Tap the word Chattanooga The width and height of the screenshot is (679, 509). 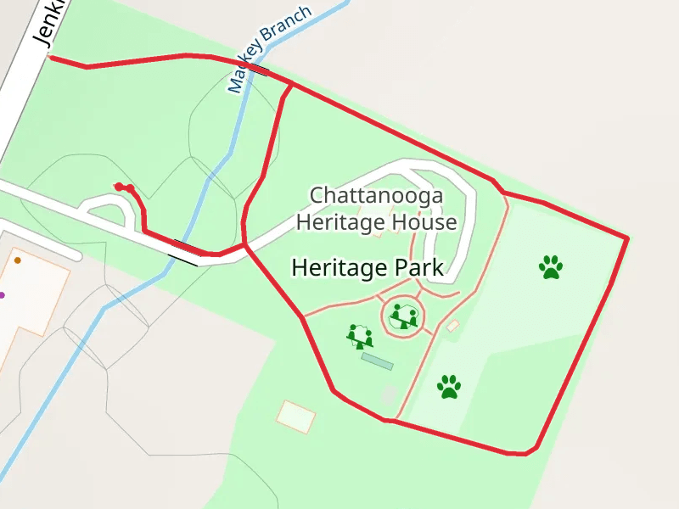[376, 196]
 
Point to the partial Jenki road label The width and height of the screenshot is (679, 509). [47, 24]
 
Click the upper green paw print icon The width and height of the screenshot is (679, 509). [551, 267]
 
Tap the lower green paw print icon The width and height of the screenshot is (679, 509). [449, 387]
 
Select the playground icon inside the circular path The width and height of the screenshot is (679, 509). [404, 318]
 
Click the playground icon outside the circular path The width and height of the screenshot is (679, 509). [361, 337]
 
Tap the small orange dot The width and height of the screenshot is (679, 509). [17, 260]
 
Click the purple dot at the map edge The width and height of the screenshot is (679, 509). [2, 295]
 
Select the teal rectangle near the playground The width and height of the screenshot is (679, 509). [377, 361]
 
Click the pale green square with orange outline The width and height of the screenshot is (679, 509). [296, 417]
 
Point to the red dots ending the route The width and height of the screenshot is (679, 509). [124, 187]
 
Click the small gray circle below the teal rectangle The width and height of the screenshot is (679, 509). [389, 394]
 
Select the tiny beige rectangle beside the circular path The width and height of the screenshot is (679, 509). [452, 326]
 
